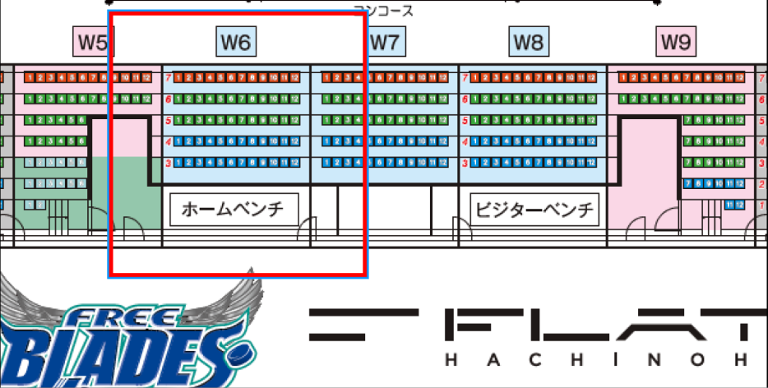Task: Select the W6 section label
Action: pyautogui.click(x=236, y=41)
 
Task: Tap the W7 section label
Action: pyautogui.click(x=384, y=41)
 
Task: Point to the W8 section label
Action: pyautogui.click(x=529, y=41)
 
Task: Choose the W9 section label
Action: pyautogui.click(x=675, y=41)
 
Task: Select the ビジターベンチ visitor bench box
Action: pyautogui.click(x=534, y=209)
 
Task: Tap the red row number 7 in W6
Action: pyautogui.click(x=168, y=78)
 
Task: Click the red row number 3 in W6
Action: pyautogui.click(x=168, y=163)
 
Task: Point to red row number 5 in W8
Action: pyautogui.click(x=465, y=121)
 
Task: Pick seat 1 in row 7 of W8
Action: pyautogui.click(x=474, y=78)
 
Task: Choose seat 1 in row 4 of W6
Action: pyautogui.click(x=178, y=141)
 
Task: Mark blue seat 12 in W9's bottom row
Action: pyautogui.click(x=740, y=204)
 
